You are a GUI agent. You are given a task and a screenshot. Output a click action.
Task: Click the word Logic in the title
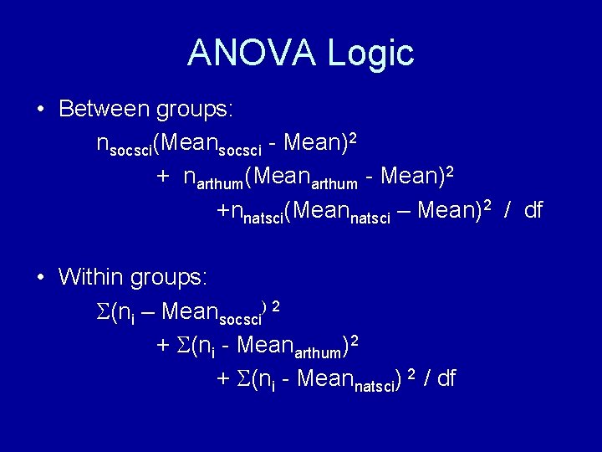pyautogui.click(x=370, y=53)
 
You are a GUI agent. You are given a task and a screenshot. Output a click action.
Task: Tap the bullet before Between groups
pyautogui.click(x=40, y=110)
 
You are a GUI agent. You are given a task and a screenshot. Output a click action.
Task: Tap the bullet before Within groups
pyautogui.click(x=40, y=277)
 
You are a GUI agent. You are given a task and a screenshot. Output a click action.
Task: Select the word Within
pyautogui.click(x=94, y=276)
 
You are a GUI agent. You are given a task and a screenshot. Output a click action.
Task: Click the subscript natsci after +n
pyautogui.click(x=262, y=218)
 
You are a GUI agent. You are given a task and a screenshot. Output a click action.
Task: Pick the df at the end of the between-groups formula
pyautogui.click(x=533, y=209)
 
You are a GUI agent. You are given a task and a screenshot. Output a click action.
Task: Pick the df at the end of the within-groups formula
pyautogui.click(x=446, y=378)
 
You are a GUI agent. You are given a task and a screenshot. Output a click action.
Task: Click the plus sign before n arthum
pyautogui.click(x=164, y=177)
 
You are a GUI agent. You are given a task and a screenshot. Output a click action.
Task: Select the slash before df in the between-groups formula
pyautogui.click(x=507, y=209)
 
